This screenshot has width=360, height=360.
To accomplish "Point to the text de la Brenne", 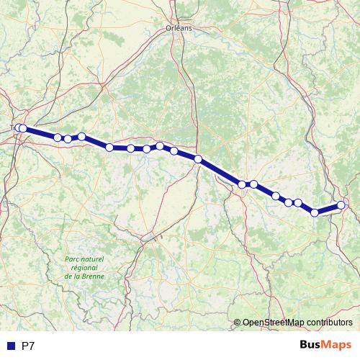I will pos(84,276).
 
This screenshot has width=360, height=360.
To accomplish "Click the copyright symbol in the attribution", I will pos(237,322).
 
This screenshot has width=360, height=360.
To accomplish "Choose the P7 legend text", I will pos(28,346).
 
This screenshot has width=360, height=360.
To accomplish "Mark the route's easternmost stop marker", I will pos(341,205).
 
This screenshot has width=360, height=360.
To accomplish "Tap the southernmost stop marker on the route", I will pos(315,212).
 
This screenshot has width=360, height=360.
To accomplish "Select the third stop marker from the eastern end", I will pos(298,202).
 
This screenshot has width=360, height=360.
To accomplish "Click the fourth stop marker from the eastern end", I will pos(289,202).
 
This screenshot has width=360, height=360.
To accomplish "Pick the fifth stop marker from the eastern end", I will pos(276,195).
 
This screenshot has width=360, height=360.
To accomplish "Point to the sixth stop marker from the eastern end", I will pos(253,184).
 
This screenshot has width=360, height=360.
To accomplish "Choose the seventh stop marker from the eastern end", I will pos(243,184).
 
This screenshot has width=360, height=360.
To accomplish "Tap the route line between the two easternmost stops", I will pos(328,209).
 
